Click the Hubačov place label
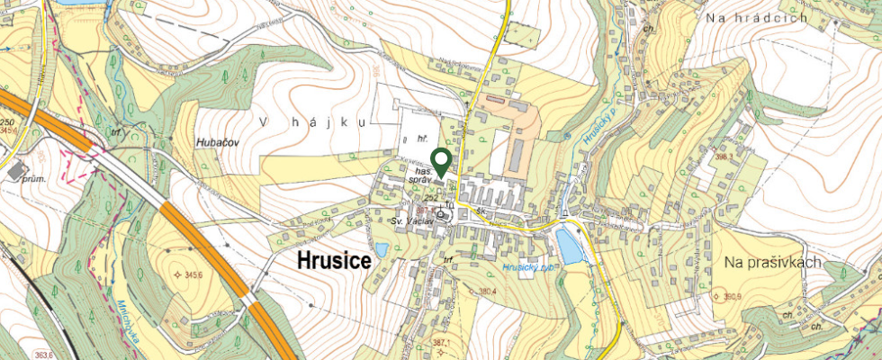(x=215, y=143)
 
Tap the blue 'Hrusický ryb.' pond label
(x=531, y=267)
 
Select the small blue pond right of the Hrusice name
(x=382, y=249)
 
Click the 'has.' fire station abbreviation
(x=423, y=170)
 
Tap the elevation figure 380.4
(x=487, y=291)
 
